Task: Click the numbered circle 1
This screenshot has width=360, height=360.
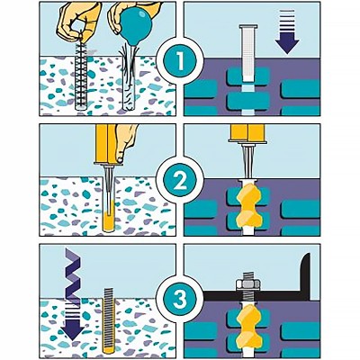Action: point(180,59)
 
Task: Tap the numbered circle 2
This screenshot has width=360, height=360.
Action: point(180,180)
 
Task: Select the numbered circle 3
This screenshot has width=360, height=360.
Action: point(180,299)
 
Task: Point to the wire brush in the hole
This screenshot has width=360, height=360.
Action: point(80,73)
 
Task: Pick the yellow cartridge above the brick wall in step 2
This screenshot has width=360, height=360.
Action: point(247,132)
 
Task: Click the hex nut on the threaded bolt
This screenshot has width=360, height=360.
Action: point(247,283)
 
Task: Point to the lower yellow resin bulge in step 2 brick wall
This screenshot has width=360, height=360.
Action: point(248,220)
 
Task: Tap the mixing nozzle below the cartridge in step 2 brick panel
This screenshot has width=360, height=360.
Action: point(247,160)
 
